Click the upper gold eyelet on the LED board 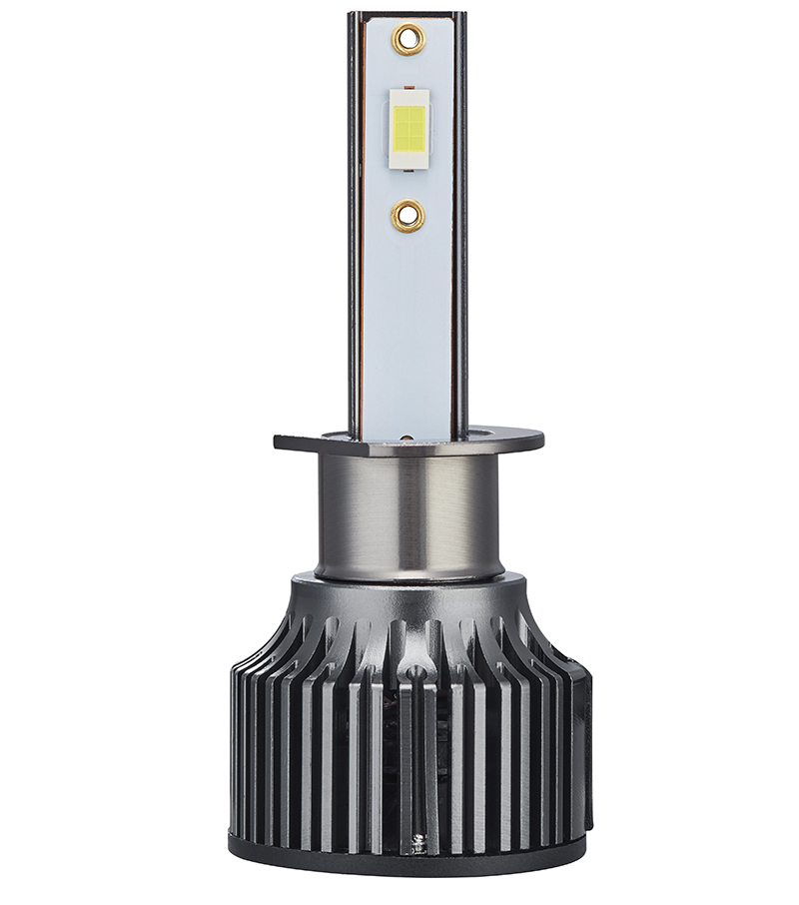pos(407,40)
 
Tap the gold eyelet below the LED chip pos(407,214)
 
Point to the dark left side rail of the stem pos(355,250)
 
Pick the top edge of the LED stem pos(407,14)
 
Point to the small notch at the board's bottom pos(407,437)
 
